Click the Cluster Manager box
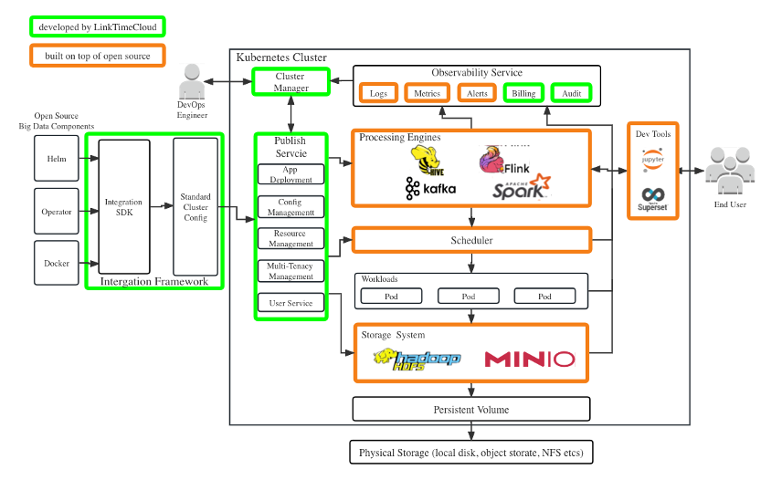290,82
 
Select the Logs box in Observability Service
378,93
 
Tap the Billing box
523,93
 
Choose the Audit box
572,93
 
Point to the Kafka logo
430,189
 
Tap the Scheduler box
471,240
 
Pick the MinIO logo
530,359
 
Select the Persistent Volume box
471,409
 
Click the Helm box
57,159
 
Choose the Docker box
57,264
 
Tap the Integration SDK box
123,207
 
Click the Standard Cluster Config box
195,207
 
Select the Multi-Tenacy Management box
290,271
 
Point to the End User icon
729,173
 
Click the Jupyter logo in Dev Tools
653,161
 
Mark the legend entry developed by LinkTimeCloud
97,27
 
